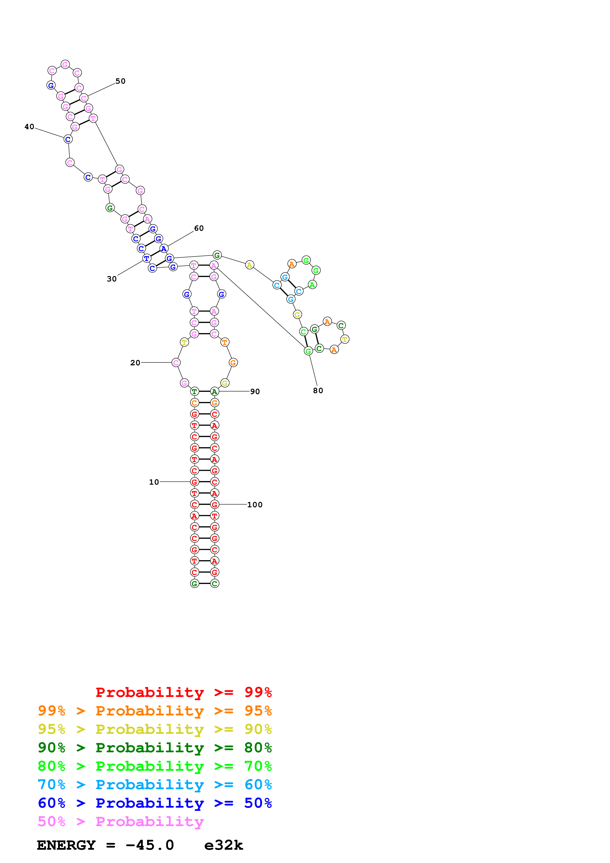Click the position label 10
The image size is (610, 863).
(x=154, y=482)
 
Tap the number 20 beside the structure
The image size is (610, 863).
(x=135, y=363)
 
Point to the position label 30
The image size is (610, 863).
(x=112, y=279)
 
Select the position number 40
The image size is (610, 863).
(x=29, y=127)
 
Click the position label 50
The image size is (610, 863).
(x=120, y=81)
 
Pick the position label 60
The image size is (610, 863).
(x=199, y=228)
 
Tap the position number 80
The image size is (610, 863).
(x=318, y=390)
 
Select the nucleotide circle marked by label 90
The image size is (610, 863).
(x=214, y=391)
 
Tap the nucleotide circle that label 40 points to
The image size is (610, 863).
(x=68, y=139)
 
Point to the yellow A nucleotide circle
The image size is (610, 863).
(x=249, y=265)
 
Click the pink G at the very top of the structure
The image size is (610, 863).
(x=65, y=65)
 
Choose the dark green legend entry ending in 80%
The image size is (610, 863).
(x=155, y=748)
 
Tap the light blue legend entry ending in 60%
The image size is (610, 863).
(x=155, y=785)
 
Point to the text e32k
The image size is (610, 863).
(x=224, y=845)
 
